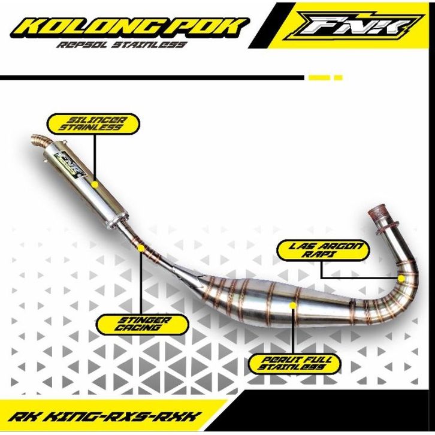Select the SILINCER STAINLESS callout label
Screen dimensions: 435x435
93,124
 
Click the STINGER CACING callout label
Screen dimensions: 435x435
143,324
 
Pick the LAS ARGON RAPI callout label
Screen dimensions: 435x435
324,250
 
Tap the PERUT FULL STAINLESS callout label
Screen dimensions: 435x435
295,364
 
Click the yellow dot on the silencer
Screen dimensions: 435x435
95,185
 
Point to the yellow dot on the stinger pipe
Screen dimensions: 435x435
141,248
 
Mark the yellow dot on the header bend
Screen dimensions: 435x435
401,278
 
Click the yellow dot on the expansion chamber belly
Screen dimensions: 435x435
292,305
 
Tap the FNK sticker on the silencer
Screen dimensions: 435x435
69,165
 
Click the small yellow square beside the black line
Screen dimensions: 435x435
338,78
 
